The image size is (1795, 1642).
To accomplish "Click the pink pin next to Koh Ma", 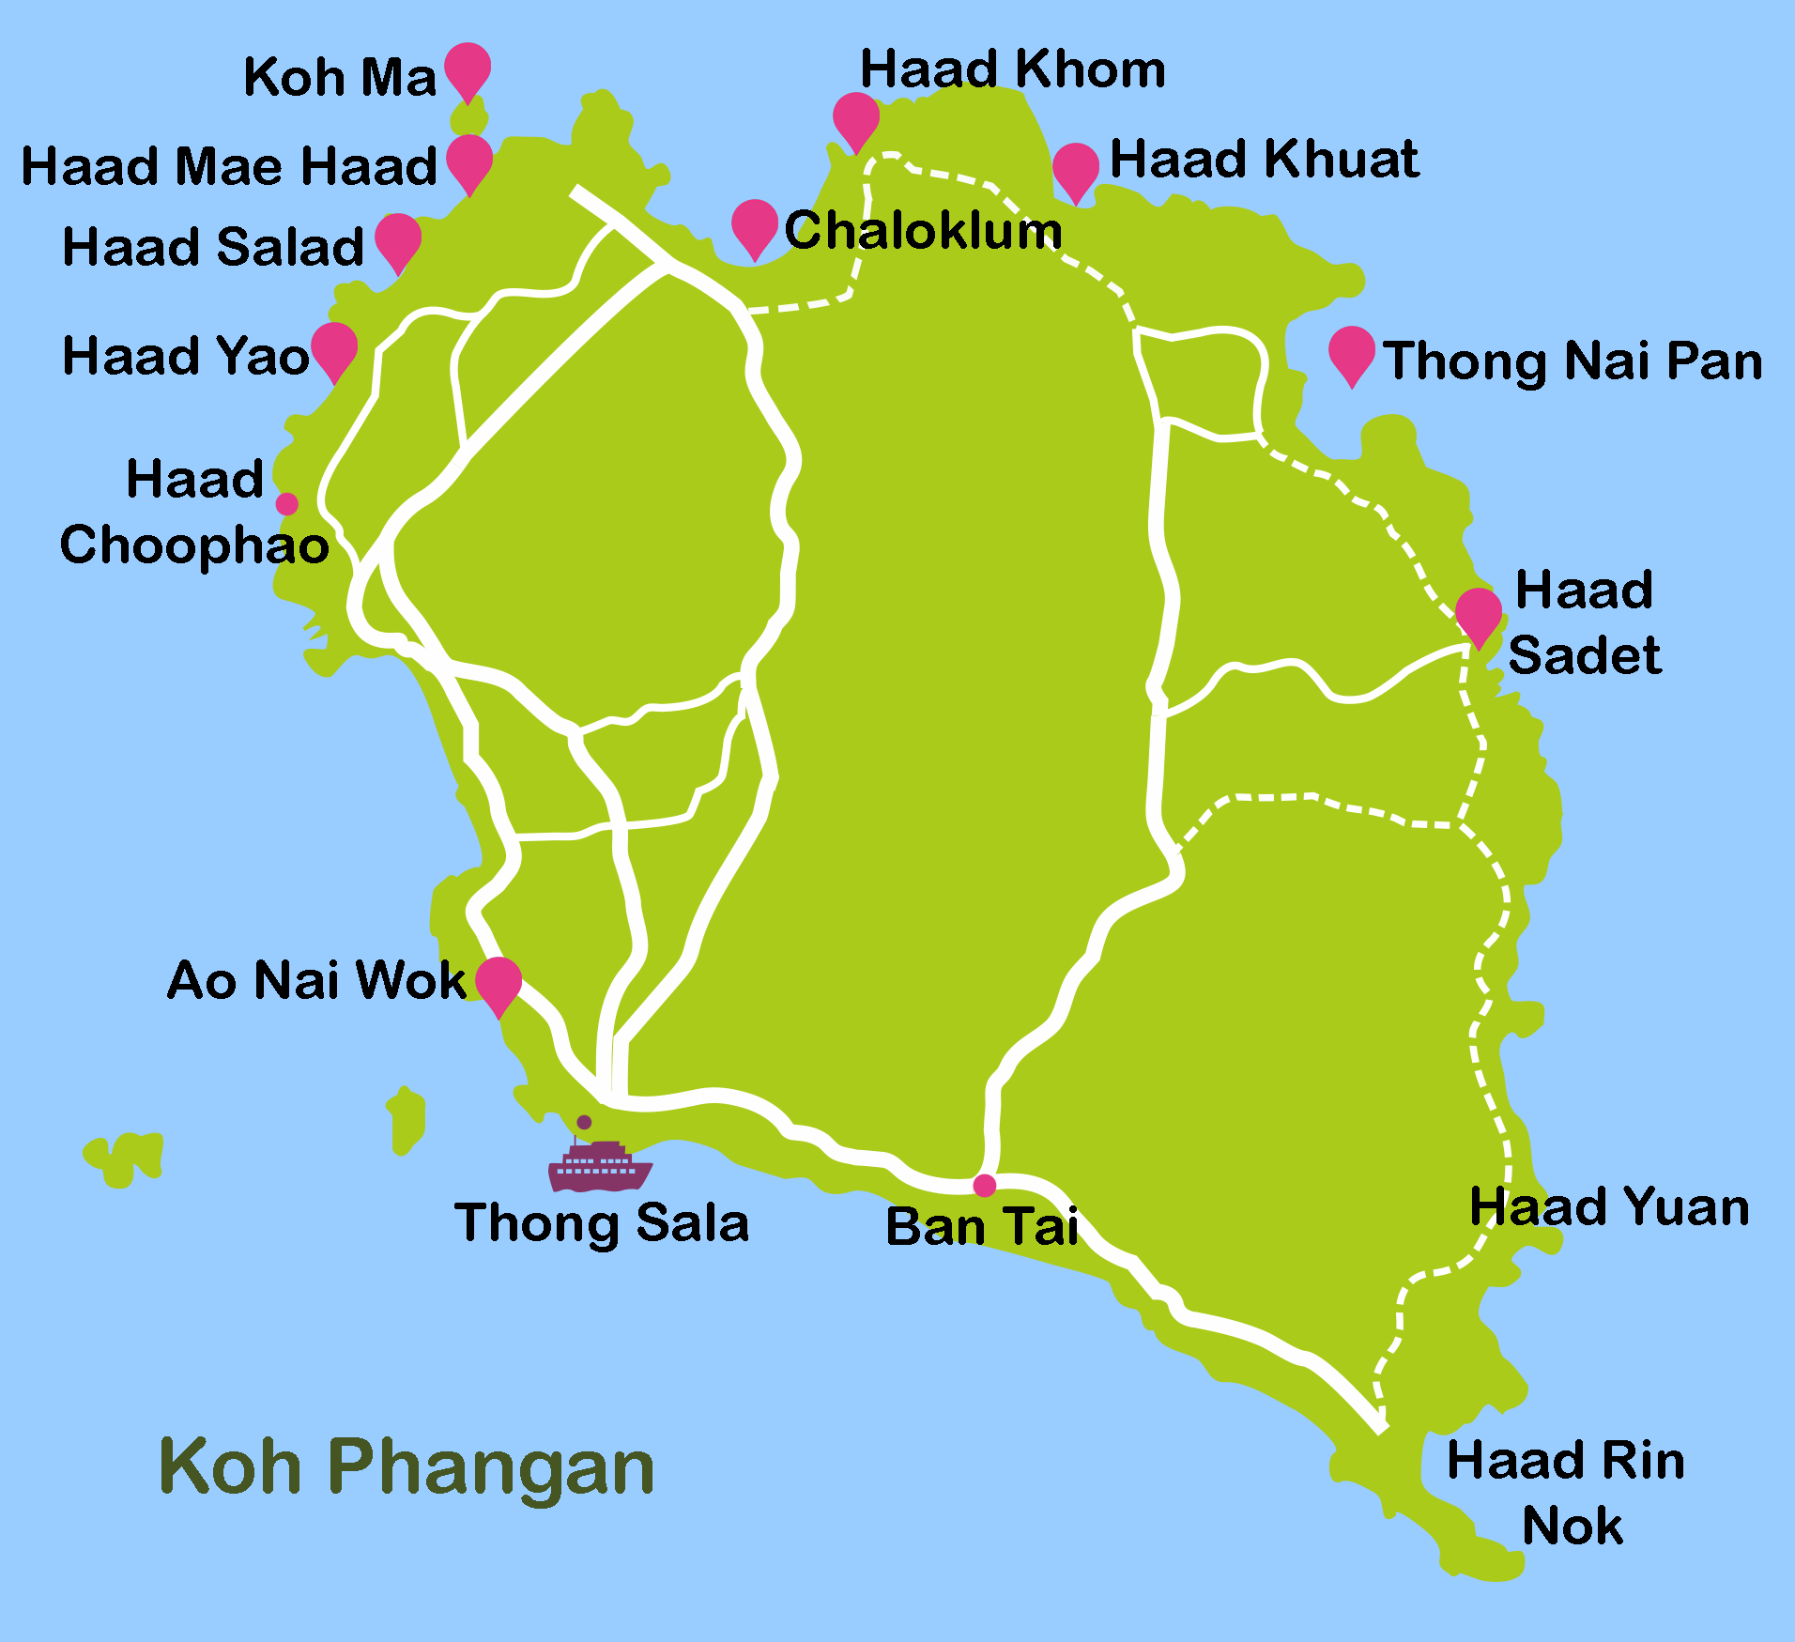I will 467,69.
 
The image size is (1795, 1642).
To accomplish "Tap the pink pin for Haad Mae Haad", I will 469,161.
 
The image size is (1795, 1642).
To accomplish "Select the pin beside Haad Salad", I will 398,239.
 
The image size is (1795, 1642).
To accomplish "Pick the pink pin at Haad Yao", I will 334,348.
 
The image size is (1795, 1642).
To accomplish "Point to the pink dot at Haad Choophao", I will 287,504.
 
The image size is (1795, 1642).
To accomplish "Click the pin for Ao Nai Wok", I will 499,983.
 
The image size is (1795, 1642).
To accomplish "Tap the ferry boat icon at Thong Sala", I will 600,1166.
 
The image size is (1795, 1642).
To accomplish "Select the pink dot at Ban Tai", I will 984,1186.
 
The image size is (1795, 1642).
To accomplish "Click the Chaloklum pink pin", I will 755,225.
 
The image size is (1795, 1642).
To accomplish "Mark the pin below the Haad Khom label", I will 856,118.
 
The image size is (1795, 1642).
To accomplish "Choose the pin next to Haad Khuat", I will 1076,169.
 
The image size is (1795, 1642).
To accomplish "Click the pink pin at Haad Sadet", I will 1479,614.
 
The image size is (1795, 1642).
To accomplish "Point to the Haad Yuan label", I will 1609,1206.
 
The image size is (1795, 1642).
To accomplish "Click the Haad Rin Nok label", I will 1566,1493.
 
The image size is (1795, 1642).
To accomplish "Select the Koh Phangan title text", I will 407,1467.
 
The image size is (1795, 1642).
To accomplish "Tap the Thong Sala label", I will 602,1223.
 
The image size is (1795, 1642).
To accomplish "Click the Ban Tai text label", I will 982,1226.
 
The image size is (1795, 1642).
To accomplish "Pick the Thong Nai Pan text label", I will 1573,361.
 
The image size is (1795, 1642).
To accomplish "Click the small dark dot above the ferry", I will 584,1122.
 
